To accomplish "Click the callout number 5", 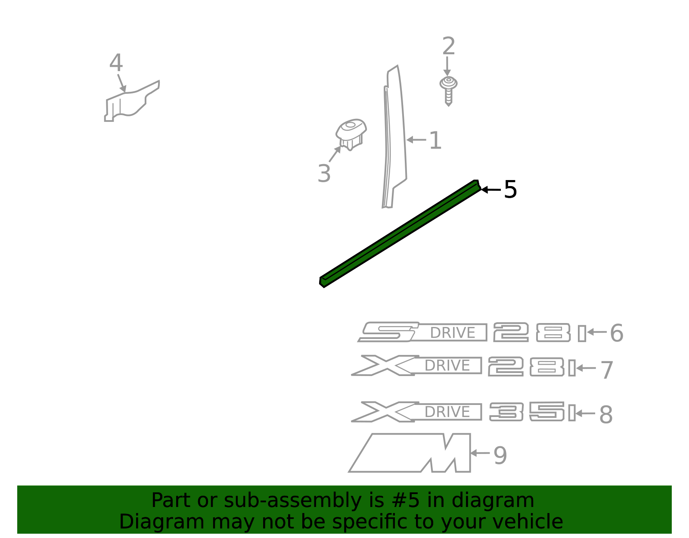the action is (510, 190).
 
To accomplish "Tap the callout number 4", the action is (116, 62).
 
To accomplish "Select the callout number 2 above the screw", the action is (449, 46).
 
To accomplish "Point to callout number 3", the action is (324, 174).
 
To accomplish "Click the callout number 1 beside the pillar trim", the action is (435, 140).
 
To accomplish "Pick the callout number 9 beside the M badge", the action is (500, 456).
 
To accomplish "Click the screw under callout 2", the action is (448, 91).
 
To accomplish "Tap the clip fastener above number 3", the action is (351, 134).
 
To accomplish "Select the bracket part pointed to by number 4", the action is (132, 101).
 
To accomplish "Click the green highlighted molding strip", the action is (400, 233).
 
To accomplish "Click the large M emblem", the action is (410, 453).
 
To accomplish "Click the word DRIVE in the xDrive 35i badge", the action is (447, 412).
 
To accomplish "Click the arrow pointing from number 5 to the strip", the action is (491, 190).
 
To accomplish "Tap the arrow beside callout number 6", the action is (597, 332).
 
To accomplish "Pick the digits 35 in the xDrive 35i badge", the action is (527, 411).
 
